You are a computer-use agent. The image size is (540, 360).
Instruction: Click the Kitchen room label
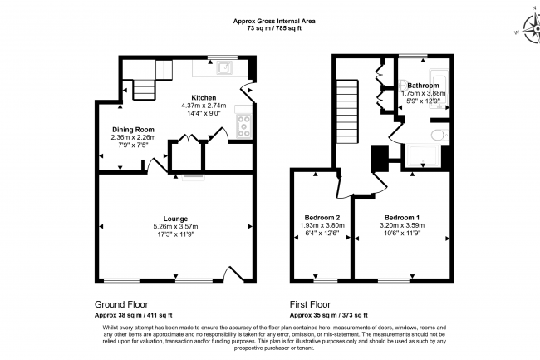(x=204, y=98)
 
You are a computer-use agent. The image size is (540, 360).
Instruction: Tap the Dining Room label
(x=133, y=130)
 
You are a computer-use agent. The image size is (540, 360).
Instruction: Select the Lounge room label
(x=175, y=219)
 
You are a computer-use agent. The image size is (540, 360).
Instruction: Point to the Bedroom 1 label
(x=402, y=218)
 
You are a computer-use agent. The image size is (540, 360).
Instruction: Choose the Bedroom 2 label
(x=322, y=218)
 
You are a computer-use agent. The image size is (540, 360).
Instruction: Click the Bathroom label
(x=423, y=86)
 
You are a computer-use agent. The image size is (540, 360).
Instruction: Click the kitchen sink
(x=224, y=68)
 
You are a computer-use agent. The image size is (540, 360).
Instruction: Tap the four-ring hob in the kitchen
(x=243, y=126)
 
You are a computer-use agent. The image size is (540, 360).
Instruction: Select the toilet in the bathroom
(x=439, y=135)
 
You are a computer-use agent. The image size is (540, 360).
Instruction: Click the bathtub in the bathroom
(x=439, y=89)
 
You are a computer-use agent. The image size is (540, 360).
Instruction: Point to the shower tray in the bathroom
(x=423, y=155)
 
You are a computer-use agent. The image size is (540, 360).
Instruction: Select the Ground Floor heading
(x=121, y=304)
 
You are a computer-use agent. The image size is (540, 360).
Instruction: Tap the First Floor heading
(x=310, y=304)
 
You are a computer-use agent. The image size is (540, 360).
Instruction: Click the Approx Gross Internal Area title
(x=274, y=21)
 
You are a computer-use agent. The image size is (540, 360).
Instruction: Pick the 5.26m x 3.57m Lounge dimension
(x=175, y=227)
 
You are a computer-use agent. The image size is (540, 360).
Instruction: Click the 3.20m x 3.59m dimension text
(x=402, y=225)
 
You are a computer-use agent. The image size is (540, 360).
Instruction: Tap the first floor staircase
(x=347, y=111)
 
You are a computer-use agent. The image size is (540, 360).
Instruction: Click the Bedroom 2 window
(x=326, y=280)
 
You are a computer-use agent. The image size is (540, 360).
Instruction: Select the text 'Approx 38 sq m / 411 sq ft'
(x=133, y=315)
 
